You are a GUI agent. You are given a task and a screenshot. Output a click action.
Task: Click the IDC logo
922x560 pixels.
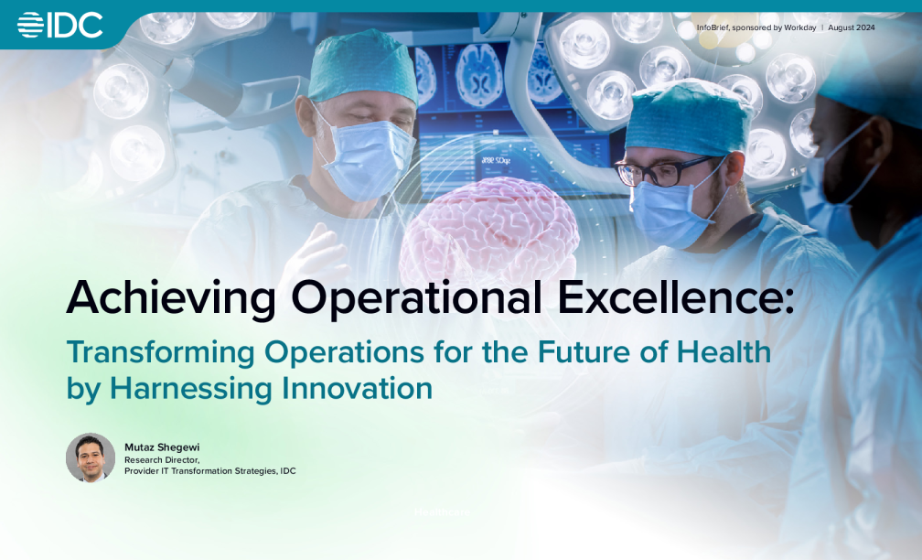click(60, 26)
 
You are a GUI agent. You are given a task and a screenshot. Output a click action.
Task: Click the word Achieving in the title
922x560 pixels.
click(171, 298)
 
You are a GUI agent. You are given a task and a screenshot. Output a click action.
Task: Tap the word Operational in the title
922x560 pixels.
click(416, 298)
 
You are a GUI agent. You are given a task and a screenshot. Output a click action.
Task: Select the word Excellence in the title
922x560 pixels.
click(671, 296)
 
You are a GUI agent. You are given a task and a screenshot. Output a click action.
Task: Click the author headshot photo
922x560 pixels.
click(91, 458)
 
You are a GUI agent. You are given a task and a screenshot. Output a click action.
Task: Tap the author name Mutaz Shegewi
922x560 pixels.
click(162, 447)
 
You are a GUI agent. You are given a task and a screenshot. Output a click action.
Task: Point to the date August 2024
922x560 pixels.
click(851, 27)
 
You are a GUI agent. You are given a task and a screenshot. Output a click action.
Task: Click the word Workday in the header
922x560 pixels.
click(799, 27)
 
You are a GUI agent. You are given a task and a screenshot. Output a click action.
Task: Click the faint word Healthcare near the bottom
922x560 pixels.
click(442, 512)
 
